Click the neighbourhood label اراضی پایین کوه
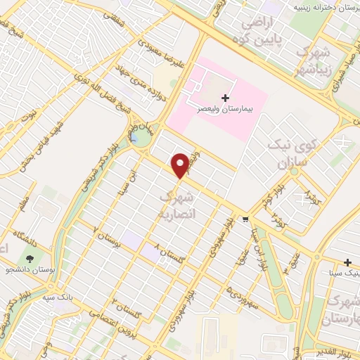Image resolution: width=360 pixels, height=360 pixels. tap(262, 32)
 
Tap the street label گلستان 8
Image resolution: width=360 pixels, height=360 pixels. tap(166, 255)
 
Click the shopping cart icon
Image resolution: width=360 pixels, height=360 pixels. tap(245, 219)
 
